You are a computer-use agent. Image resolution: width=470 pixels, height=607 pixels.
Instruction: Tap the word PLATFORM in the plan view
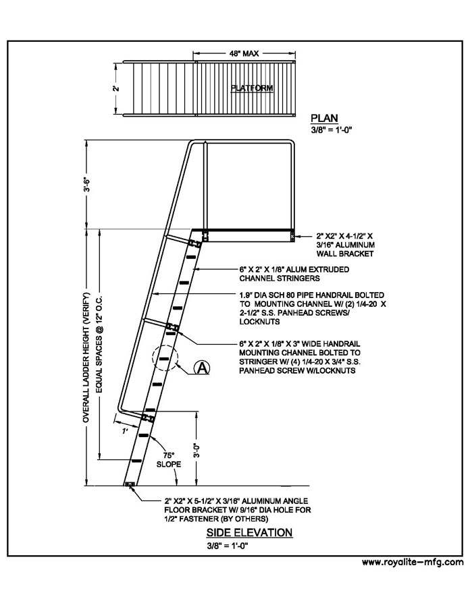(x=252, y=88)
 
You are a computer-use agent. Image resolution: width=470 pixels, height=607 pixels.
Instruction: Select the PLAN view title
(x=324, y=118)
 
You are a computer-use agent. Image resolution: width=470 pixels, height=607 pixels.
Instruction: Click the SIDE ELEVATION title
(x=249, y=532)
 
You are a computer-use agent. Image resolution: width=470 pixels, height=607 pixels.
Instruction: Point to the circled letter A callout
(x=202, y=368)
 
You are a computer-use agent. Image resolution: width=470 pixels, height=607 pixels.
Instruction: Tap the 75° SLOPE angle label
(x=169, y=459)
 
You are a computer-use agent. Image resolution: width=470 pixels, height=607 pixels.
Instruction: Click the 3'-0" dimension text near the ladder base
(x=197, y=450)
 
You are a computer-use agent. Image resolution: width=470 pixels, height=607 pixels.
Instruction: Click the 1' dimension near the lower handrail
(x=125, y=431)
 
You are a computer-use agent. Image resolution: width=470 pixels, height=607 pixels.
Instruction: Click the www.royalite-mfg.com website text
(x=413, y=562)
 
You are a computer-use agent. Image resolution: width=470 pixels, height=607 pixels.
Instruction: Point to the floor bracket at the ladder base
(x=130, y=484)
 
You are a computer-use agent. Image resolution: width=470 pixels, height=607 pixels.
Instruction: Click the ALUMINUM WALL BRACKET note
(x=345, y=245)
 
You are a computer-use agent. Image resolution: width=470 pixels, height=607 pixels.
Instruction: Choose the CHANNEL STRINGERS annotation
(x=294, y=274)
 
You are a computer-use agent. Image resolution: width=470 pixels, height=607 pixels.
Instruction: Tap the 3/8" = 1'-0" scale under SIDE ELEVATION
(x=227, y=546)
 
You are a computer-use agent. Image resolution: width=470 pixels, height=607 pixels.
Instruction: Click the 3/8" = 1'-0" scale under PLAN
(x=331, y=130)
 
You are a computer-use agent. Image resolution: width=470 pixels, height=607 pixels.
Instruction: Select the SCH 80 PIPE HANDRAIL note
(x=312, y=308)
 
